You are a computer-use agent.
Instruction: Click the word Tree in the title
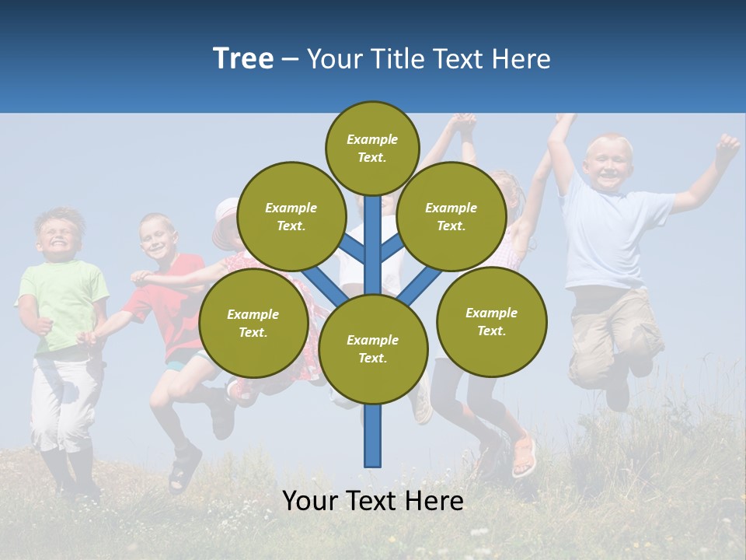(x=243, y=58)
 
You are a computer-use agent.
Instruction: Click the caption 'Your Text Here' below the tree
(x=373, y=501)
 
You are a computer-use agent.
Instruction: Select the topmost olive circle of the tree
(x=372, y=148)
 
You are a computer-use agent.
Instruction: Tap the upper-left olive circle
(x=291, y=216)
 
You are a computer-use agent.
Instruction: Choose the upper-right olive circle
(x=451, y=216)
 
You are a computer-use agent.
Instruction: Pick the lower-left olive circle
(x=253, y=323)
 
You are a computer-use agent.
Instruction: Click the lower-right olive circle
(x=491, y=321)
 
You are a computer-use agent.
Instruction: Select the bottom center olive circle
(x=373, y=348)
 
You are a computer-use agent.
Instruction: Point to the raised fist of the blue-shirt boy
(x=727, y=145)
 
